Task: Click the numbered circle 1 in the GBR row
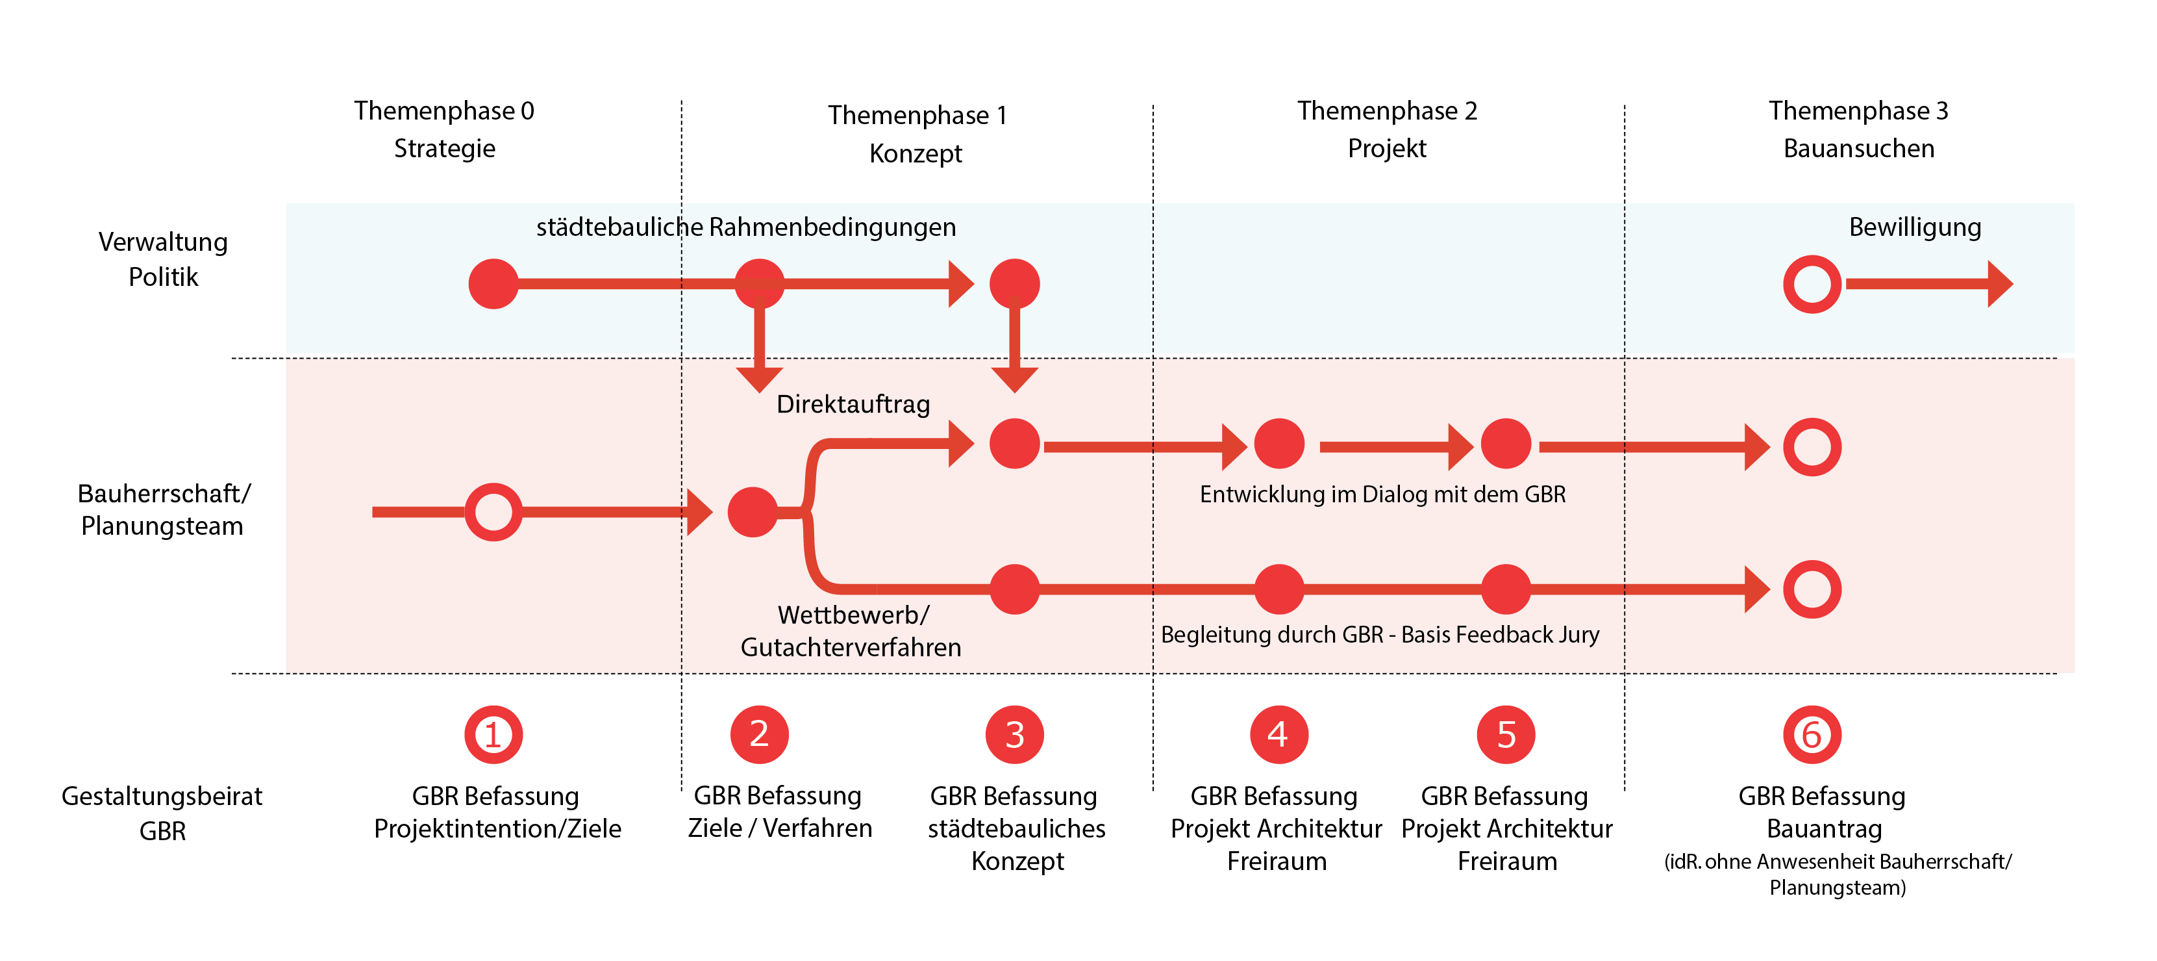[493, 735]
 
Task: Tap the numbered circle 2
[758, 735]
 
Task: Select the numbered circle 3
[1014, 735]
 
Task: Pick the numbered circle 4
[1278, 735]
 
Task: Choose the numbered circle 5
[1506, 735]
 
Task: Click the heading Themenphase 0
[443, 110]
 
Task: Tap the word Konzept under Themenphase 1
[916, 154]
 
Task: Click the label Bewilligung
[1914, 227]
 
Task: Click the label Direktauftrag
[853, 405]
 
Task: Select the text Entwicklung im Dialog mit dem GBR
[1382, 494]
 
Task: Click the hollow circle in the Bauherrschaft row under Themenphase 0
[493, 512]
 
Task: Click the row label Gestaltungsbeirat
[162, 796]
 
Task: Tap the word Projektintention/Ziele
[497, 828]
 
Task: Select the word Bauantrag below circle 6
[1824, 828]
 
